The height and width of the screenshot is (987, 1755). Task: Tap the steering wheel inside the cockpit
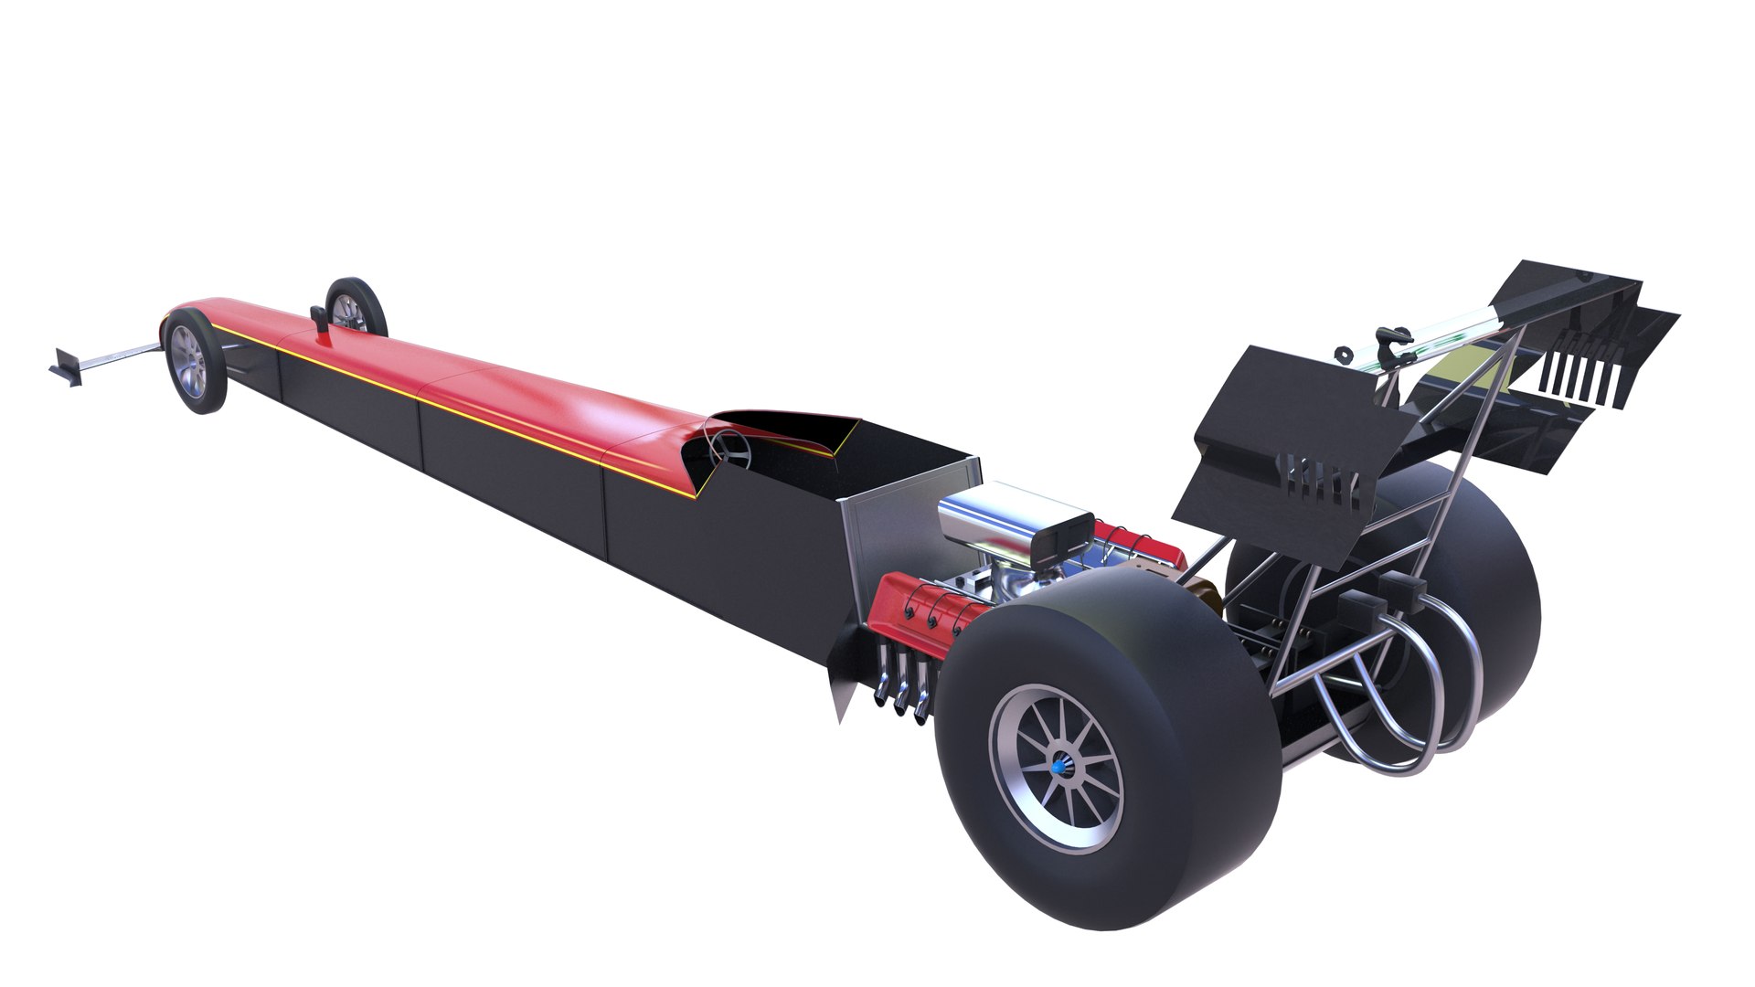click(x=729, y=449)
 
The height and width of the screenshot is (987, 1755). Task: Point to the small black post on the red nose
click(x=321, y=320)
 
